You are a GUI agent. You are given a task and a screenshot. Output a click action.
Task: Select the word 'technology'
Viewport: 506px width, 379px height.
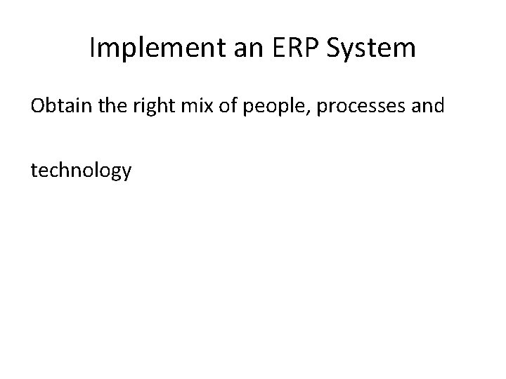coord(81,170)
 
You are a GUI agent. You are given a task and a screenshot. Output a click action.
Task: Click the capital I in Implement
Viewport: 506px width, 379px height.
coord(93,48)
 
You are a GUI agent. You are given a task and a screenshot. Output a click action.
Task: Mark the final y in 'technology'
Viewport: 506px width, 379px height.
coord(126,173)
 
